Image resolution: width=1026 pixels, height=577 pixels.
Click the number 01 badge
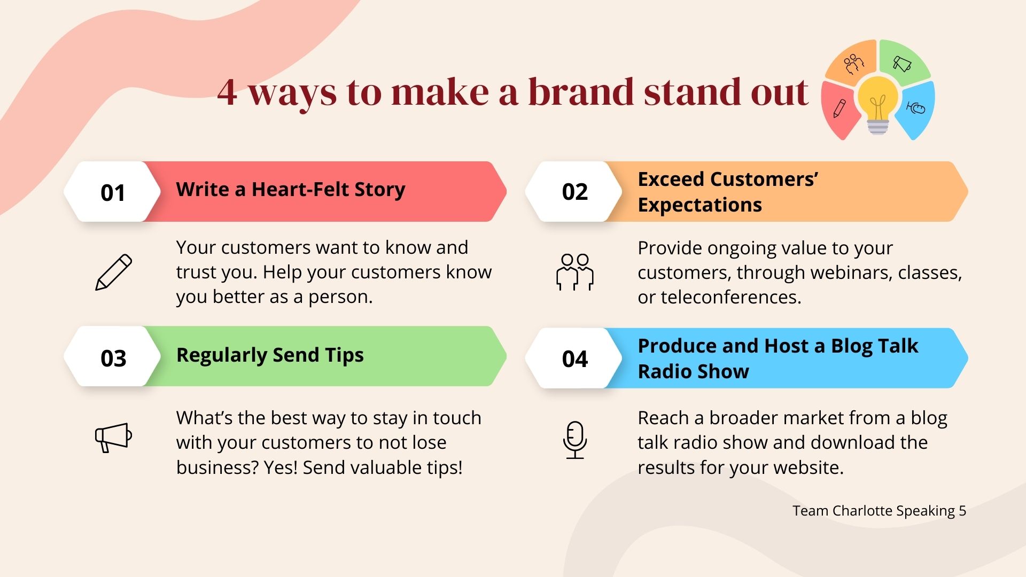coord(112,192)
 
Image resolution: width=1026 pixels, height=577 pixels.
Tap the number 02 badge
coord(574,192)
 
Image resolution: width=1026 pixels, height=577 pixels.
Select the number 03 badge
coord(112,356)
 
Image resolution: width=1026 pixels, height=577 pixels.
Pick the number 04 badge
coord(574,358)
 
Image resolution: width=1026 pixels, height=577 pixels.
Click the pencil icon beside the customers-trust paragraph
coord(113,272)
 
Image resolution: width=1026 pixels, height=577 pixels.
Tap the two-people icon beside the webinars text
coord(575,272)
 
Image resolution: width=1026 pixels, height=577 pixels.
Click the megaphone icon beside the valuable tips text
coord(113,438)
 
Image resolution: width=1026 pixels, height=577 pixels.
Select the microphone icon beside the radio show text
coord(575,440)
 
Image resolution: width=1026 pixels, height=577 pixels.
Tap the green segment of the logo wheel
coord(904,61)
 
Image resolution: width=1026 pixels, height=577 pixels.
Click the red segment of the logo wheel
coord(839,110)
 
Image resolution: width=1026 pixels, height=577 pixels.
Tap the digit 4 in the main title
coord(227,92)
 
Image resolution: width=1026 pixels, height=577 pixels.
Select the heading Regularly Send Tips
coord(270,355)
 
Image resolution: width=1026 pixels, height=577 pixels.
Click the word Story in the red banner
coord(380,190)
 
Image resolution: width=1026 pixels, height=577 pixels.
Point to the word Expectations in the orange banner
coord(700,205)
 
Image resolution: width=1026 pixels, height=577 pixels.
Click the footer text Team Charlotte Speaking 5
coord(879,511)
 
